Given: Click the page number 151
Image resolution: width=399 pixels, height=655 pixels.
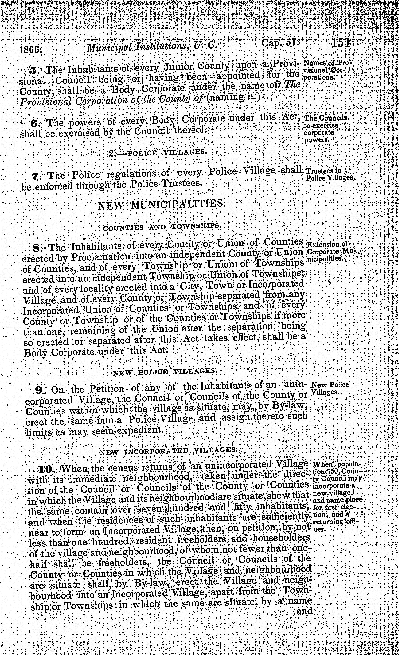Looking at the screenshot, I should pyautogui.click(x=341, y=44).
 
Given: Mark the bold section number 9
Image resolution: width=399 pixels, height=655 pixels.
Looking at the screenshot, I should pyautogui.click(x=39, y=390).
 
